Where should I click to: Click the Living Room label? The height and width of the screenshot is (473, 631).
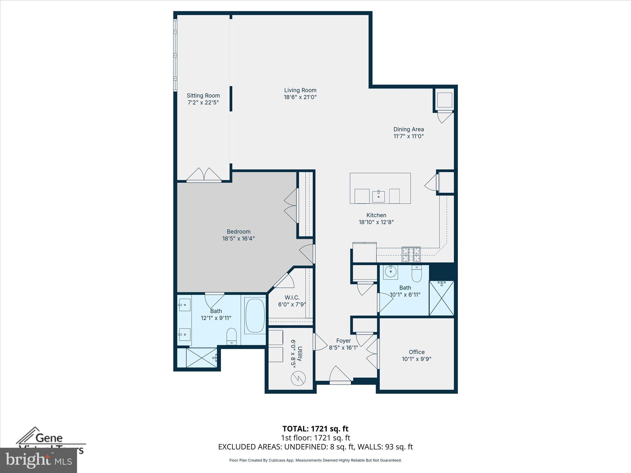coord(300,90)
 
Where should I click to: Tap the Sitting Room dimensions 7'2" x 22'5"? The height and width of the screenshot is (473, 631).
coord(203,103)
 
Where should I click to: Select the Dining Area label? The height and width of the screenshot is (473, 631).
coord(409,129)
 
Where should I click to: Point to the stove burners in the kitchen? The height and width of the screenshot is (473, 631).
coord(411,254)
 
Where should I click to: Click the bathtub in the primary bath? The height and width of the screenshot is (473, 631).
coord(255,315)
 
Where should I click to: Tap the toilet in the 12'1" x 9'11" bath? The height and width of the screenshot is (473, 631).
coord(231,336)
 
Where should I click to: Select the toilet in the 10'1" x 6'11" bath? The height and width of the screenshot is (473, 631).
coord(416,273)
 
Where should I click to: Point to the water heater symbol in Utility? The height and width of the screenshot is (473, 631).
coord(298,378)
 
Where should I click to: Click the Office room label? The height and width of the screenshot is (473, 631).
coord(417,352)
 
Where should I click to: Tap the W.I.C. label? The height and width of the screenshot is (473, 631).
coord(292,297)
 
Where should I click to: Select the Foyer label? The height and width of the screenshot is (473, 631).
coord(343,341)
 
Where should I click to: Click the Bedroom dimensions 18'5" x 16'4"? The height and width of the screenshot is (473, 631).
coord(238,239)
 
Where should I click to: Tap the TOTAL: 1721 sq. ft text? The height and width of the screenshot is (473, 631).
coord(315,429)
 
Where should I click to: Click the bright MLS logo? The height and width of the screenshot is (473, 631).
coord(38,460)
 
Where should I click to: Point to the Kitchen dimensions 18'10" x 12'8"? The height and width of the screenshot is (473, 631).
coord(376,222)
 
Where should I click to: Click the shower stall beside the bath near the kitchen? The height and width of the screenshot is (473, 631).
coord(441,298)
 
